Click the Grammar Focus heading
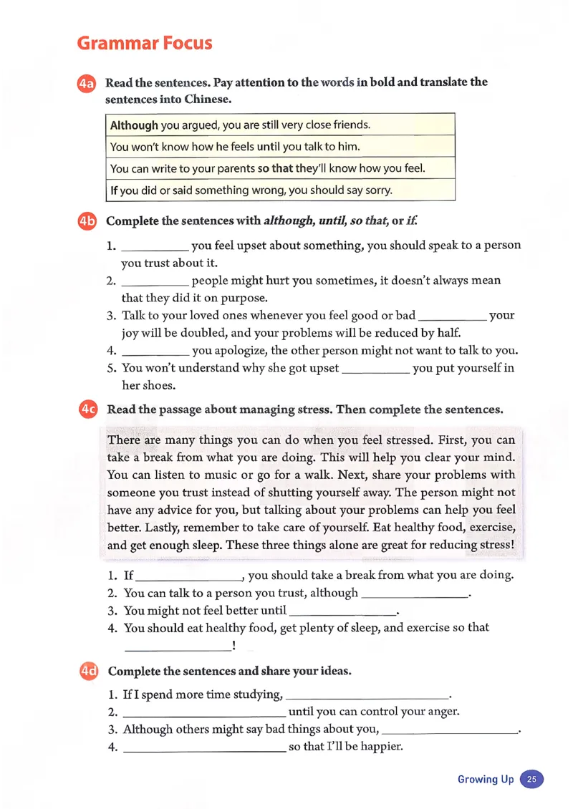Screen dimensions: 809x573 point(145,43)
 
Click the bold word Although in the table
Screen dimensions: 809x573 point(134,125)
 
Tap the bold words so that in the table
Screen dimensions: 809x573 point(275,169)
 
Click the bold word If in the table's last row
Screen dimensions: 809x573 point(114,191)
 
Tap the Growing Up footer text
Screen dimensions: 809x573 point(486,779)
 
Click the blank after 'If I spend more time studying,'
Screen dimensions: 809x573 point(365,697)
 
